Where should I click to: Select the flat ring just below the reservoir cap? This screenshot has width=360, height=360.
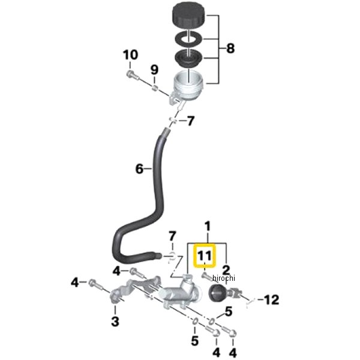coord(190,39)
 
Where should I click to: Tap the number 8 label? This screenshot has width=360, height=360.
coord(230,47)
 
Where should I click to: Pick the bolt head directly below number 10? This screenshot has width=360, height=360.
coord(131,75)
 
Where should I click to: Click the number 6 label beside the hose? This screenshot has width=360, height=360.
coord(140,169)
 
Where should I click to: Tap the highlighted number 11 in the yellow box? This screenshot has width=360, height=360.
coord(205,256)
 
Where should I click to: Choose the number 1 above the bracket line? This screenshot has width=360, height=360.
coord(208,227)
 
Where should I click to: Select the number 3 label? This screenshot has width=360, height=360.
coord(115,321)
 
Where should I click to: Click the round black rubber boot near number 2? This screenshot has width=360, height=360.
coord(218,293)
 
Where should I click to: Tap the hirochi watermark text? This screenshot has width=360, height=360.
coord(226,278)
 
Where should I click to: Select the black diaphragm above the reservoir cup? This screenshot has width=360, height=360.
coord(190,60)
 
